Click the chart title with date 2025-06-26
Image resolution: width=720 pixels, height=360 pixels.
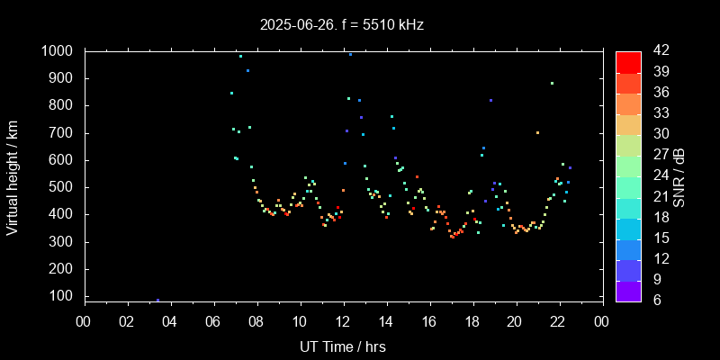(342, 25)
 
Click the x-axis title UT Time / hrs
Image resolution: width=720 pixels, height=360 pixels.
(343, 346)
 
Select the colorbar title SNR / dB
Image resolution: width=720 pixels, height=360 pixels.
(679, 176)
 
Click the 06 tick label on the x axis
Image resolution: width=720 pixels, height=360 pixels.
(213, 321)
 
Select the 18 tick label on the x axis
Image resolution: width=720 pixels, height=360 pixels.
(472, 321)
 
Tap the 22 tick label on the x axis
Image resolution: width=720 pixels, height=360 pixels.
(558, 321)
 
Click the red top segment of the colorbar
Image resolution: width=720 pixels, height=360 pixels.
(628, 61)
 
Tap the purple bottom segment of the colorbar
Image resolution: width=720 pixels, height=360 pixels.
(628, 290)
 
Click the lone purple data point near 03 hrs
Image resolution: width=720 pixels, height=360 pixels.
(157, 300)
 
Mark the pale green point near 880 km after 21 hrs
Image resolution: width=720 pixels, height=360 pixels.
(552, 84)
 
